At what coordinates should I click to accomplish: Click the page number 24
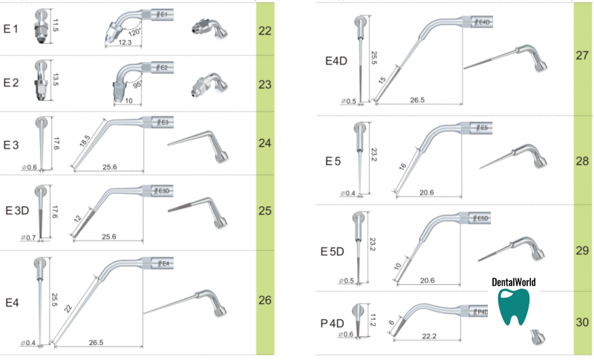pyautogui.click(x=265, y=142)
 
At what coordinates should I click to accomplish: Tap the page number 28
pyautogui.click(x=581, y=162)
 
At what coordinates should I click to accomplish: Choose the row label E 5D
pyautogui.click(x=333, y=252)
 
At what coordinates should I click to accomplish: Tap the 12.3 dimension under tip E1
pyautogui.click(x=125, y=44)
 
